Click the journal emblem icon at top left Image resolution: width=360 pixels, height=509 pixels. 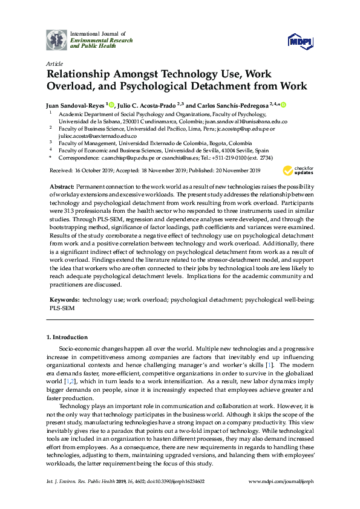pos(57,39)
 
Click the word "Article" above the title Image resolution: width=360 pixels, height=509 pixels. pos(54,63)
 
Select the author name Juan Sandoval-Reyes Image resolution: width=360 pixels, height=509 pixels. pos(77,104)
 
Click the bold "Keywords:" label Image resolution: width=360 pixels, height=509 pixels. pos(65,300)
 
